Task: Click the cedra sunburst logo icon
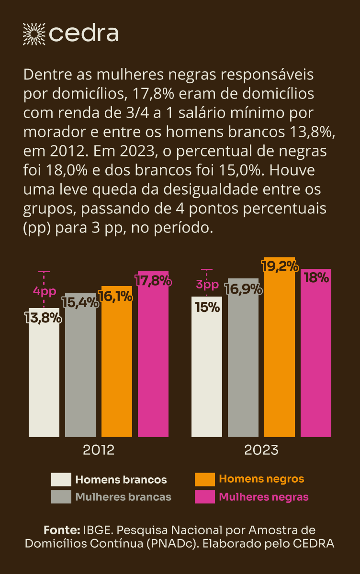(34, 33)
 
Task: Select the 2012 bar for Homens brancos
(44, 378)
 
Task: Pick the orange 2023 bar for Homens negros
(280, 354)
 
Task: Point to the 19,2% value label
(280, 266)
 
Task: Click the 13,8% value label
(43, 318)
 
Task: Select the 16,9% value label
(243, 289)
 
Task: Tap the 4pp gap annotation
(45, 291)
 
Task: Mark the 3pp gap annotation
(207, 285)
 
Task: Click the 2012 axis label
(99, 450)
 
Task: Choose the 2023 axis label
(261, 450)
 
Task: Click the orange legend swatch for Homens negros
(205, 479)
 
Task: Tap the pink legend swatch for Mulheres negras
(205, 497)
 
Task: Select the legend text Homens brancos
(121, 479)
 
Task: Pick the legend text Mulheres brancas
(123, 497)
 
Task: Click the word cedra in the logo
(84, 33)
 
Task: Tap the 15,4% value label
(80, 302)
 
